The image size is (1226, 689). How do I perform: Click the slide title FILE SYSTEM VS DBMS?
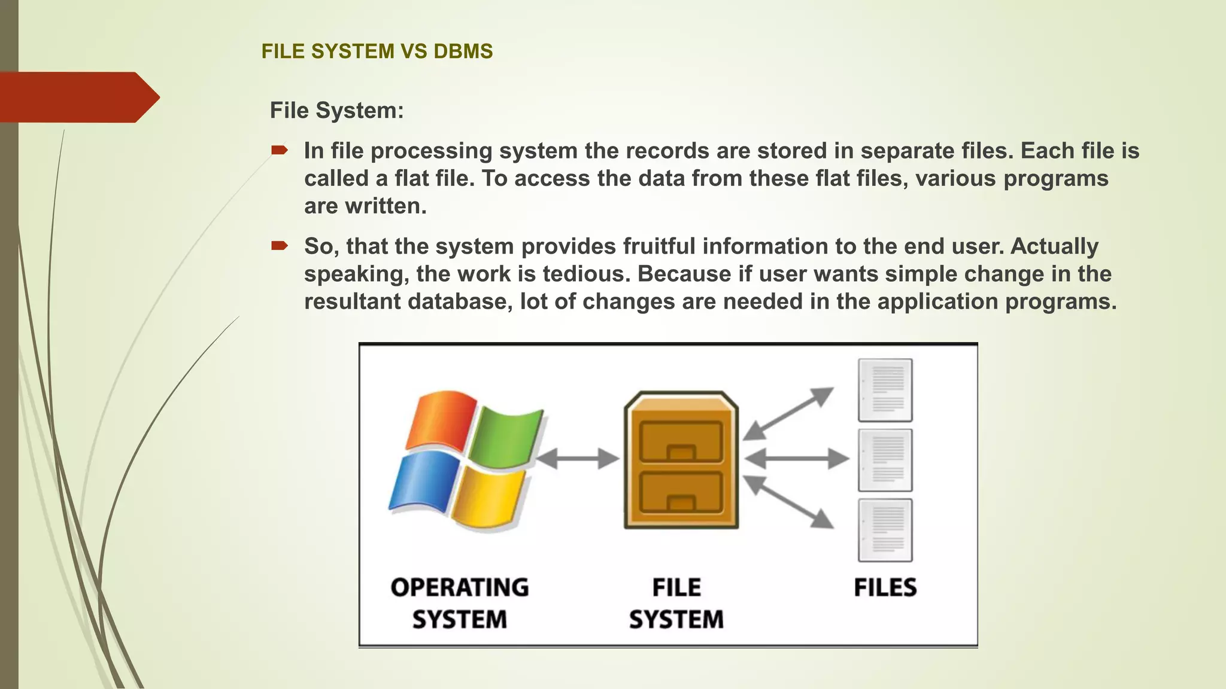pos(377,51)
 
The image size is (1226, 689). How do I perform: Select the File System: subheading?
pos(336,111)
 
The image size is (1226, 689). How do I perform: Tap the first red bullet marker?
pos(279,150)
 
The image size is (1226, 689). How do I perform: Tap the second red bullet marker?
pos(279,246)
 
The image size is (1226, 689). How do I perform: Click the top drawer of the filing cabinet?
pos(681,441)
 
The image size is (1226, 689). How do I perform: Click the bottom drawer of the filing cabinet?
pos(681,492)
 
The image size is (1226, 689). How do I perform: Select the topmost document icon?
pos(885,390)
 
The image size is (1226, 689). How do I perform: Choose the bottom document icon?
pos(885,530)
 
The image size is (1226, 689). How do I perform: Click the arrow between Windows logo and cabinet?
pos(577,459)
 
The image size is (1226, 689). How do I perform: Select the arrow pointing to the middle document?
pos(797,459)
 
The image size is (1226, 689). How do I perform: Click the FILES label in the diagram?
pos(885,587)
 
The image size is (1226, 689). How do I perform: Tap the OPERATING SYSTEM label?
pos(460,603)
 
